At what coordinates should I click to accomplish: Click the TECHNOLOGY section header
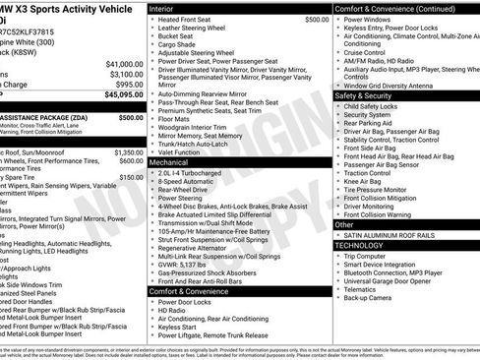coord(363,245)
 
